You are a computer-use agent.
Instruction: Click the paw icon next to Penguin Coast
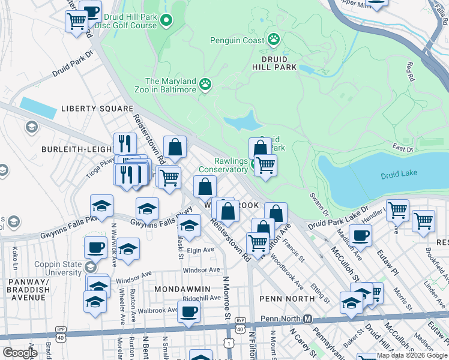274,40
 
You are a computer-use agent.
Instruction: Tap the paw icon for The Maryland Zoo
206,83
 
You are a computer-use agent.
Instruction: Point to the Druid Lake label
398,175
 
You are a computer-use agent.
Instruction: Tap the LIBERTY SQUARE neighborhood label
97,109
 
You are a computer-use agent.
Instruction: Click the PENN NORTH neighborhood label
287,298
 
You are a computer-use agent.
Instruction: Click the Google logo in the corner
19,353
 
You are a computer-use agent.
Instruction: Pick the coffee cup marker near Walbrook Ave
189,311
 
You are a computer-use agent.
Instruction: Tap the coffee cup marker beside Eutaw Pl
360,235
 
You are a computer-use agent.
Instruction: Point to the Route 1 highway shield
229,342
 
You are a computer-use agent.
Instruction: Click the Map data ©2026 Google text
412,355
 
